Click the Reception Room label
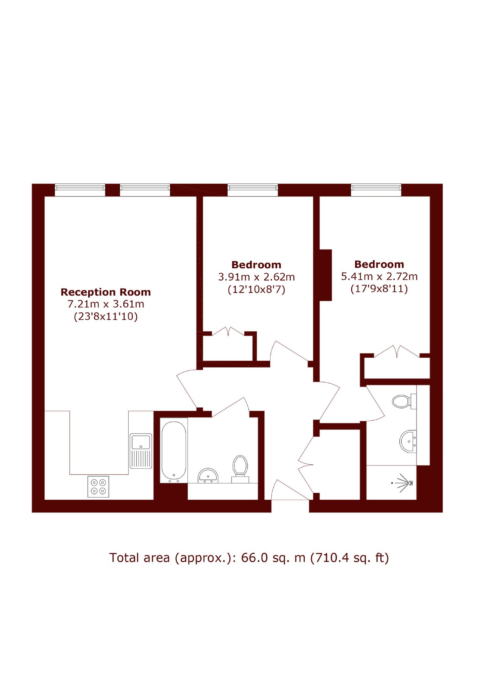pos(105,292)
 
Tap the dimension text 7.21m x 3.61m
pos(106,304)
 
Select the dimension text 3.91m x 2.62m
pos(256,277)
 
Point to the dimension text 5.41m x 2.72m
pos(379,277)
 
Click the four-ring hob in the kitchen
pos(98,487)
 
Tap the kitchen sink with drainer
pos(141,451)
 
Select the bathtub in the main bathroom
pos(174,450)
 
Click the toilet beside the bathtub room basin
pos(240,469)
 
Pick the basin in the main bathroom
pos(208,476)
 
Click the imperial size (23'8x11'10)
pos(106,317)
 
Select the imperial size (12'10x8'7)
pos(256,289)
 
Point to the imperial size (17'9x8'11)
pos(379,289)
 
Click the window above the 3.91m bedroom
pos(253,190)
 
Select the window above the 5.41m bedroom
pos(376,190)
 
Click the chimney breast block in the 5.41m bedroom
pos(325,275)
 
